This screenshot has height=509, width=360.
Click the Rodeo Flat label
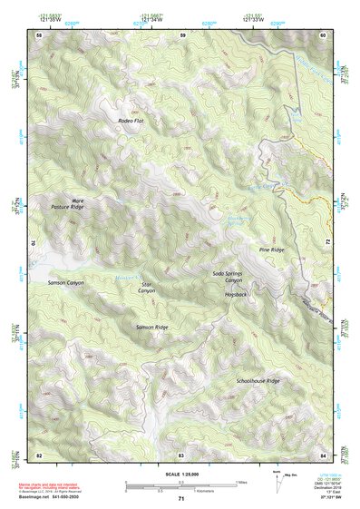[x=131, y=120]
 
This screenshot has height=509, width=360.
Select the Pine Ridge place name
[x=271, y=249]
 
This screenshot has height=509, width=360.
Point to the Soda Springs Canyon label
[x=228, y=277]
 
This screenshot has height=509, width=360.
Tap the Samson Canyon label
[x=65, y=283]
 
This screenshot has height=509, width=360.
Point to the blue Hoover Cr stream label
[x=128, y=274]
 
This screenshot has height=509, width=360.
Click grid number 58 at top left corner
[x=39, y=34]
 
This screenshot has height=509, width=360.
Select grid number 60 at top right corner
[x=324, y=34]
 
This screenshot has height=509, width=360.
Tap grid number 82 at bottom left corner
[x=39, y=453]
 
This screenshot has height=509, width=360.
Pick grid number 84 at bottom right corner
[x=324, y=453]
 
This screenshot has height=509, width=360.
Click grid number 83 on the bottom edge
[x=180, y=453]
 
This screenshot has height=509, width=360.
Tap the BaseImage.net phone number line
[x=51, y=497]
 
